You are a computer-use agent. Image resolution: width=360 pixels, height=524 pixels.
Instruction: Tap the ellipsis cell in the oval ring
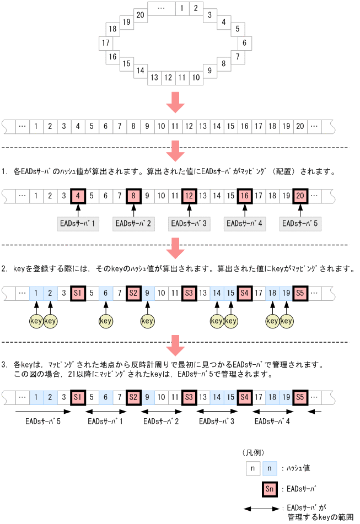[x=161, y=9]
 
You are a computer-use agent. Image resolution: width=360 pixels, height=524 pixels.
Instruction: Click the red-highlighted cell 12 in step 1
[x=189, y=195]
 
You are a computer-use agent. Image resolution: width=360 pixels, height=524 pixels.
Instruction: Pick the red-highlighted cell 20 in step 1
[x=300, y=195]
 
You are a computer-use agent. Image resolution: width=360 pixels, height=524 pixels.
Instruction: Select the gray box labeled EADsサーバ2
[x=133, y=224]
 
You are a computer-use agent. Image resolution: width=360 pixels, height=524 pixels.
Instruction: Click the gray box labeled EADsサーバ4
[x=245, y=224]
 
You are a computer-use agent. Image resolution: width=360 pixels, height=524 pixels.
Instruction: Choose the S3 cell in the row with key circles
[x=189, y=292]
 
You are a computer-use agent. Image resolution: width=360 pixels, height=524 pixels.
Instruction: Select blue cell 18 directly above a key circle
[x=272, y=292]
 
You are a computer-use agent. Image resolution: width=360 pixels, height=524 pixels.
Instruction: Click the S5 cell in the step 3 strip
[x=300, y=397]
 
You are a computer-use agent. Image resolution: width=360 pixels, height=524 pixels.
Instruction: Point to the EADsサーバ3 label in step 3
[x=217, y=422]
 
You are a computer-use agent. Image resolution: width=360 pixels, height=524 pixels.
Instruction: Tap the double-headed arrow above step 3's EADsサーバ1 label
[x=106, y=411]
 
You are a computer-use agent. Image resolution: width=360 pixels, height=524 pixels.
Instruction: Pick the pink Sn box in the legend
[x=268, y=489]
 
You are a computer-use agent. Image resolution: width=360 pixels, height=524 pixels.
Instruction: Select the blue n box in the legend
[x=270, y=468]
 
